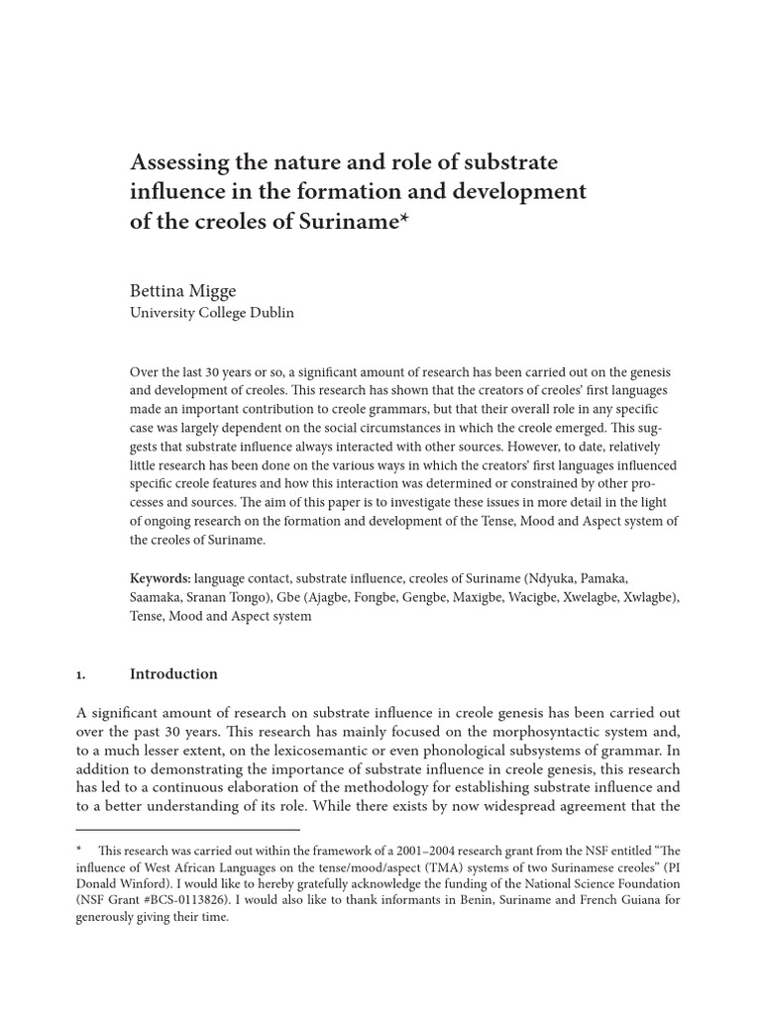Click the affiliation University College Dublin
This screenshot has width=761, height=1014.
coord(212,313)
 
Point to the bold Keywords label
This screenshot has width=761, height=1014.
coord(161,577)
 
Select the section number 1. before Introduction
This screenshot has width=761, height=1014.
coord(81,674)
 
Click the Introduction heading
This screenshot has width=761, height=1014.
coord(173,674)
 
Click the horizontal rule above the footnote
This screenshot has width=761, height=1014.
coord(187,830)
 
